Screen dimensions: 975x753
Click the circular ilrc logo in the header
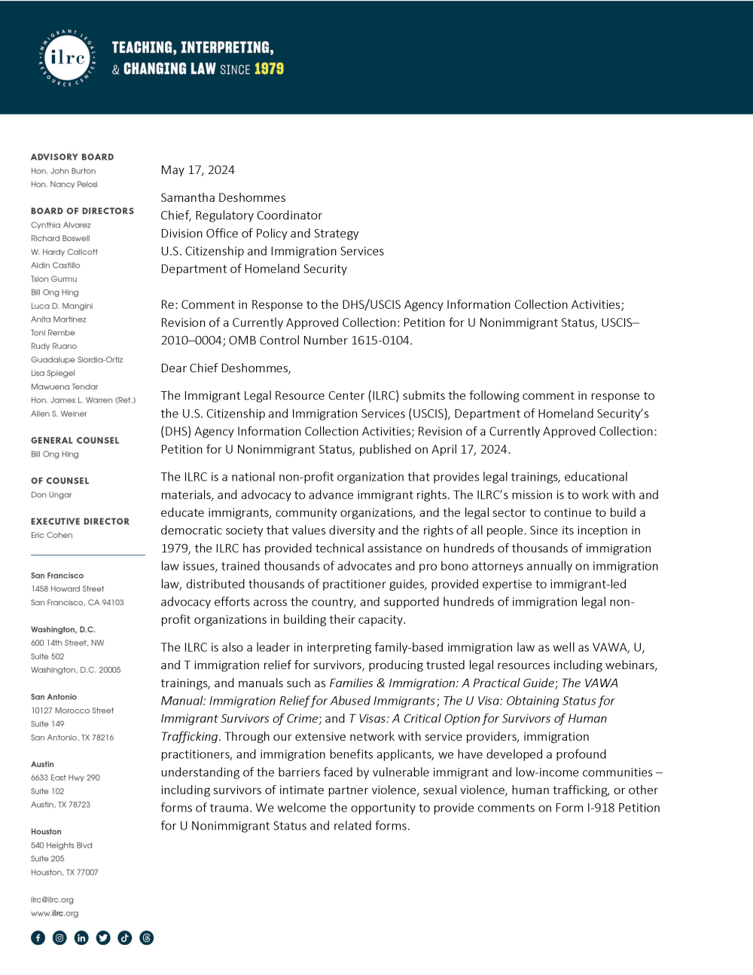tap(68, 58)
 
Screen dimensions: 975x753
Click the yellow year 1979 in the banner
tap(269, 69)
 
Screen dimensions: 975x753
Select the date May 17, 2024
tap(197, 170)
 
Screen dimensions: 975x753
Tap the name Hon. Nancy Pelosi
tap(64, 185)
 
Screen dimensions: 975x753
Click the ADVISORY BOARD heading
tap(72, 157)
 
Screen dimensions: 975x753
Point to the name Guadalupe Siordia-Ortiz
tap(77, 360)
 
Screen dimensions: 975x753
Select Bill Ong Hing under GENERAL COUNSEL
tap(54, 454)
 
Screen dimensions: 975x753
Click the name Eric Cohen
tap(52, 536)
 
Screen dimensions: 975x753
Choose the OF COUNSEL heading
tap(59, 481)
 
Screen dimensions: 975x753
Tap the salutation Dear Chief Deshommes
tap(225, 368)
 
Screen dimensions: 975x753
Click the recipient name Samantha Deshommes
tap(223, 197)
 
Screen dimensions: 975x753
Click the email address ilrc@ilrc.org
tap(52, 900)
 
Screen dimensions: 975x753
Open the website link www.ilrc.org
tap(54, 913)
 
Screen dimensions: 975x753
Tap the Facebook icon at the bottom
tap(38, 938)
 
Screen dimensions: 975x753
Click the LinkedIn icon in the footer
tap(81, 938)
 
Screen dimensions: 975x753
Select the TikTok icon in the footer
tap(125, 938)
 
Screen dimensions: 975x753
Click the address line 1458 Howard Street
tap(68, 589)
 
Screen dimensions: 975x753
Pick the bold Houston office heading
tap(46, 832)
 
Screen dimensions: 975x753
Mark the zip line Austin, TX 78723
tap(60, 805)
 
